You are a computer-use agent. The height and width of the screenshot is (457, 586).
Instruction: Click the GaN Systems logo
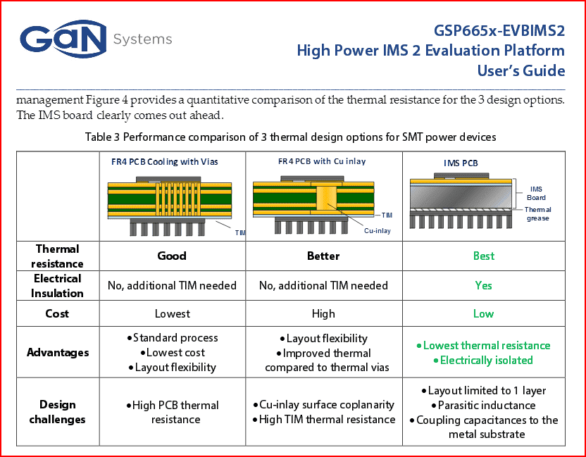pyautogui.click(x=96, y=39)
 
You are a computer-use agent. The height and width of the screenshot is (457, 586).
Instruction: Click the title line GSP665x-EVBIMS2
pyautogui.click(x=499, y=31)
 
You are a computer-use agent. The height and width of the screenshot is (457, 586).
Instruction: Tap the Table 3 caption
pyautogui.click(x=290, y=137)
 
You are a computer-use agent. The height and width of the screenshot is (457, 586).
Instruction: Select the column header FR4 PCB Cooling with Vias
pyautogui.click(x=164, y=162)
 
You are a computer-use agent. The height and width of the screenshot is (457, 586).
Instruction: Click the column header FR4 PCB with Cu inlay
pyautogui.click(x=322, y=161)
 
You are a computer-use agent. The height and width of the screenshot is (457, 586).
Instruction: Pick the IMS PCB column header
pyautogui.click(x=461, y=163)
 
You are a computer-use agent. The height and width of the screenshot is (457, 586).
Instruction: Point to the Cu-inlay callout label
pyautogui.click(x=377, y=231)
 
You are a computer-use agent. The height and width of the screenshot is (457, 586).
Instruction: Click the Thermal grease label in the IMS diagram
pyautogui.click(x=538, y=214)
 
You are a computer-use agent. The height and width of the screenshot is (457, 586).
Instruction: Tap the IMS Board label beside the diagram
pyautogui.click(x=536, y=193)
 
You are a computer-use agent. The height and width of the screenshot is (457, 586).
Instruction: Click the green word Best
pyautogui.click(x=484, y=256)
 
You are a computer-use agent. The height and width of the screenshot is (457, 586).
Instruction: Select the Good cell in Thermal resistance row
pyautogui.click(x=172, y=256)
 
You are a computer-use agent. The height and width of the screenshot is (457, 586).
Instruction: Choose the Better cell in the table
pyautogui.click(x=323, y=256)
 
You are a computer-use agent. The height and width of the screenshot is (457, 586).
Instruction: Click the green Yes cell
pyautogui.click(x=483, y=285)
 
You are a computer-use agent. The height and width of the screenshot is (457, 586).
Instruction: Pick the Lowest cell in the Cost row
pyautogui.click(x=173, y=313)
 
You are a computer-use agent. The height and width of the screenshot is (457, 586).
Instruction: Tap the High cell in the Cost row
pyautogui.click(x=323, y=313)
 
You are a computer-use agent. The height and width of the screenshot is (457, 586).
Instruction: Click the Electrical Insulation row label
pyautogui.click(x=57, y=286)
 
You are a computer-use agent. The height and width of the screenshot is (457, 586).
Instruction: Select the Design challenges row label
pyautogui.click(x=57, y=412)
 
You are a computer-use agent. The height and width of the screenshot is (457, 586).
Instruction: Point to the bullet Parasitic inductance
pyautogui.click(x=483, y=406)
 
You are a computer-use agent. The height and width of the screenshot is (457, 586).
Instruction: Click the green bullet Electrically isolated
pyautogui.click(x=483, y=361)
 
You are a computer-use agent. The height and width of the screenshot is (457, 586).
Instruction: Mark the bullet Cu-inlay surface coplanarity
pyautogui.click(x=323, y=405)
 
